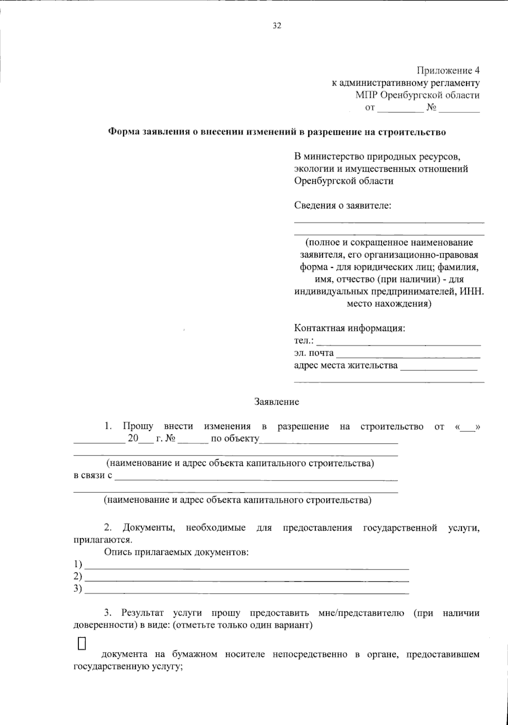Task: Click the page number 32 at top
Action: pos(277,26)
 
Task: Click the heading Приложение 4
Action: pos(448,70)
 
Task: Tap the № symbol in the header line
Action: pos(432,108)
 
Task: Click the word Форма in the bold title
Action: pos(123,132)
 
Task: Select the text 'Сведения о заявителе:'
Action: pos(343,206)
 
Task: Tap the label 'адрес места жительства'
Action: pos(346,365)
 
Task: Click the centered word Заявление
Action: pos(276,402)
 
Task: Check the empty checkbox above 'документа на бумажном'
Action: pos(82,643)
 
